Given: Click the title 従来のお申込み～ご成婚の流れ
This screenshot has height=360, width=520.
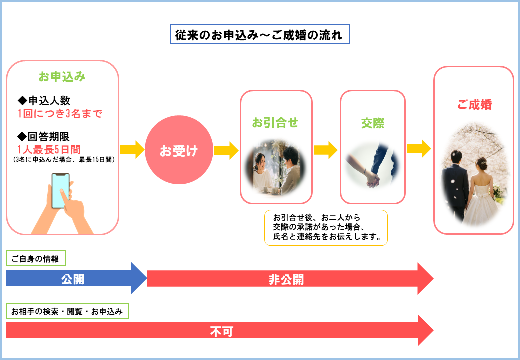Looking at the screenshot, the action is [x=260, y=34].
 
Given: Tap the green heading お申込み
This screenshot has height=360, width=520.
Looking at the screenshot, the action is [x=62, y=77].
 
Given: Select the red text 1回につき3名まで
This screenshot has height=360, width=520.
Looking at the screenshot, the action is [x=60, y=113].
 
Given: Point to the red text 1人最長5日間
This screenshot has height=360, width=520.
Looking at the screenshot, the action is [x=49, y=149].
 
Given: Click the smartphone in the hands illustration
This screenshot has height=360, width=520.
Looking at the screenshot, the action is [x=60, y=191].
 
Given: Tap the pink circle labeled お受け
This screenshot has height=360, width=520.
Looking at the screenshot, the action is [x=179, y=150].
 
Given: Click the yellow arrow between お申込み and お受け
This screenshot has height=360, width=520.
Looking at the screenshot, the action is [x=132, y=150].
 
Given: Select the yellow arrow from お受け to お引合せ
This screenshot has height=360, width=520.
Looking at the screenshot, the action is [x=226, y=151].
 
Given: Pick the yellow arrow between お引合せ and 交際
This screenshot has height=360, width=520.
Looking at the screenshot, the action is [x=325, y=150].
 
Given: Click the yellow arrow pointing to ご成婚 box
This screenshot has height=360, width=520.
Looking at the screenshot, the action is [x=419, y=149].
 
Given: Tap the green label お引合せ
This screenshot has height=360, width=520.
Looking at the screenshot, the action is [x=275, y=123].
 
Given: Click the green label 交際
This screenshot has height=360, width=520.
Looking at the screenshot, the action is [x=373, y=123].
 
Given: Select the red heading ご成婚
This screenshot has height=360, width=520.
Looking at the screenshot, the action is [x=474, y=105].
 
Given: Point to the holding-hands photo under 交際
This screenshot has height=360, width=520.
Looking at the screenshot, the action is [x=373, y=165].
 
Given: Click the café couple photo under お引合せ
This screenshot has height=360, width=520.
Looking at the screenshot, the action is [x=276, y=167].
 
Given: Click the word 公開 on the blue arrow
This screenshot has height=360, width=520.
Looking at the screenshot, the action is [x=73, y=279].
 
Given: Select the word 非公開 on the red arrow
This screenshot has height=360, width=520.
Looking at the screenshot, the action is [x=286, y=280].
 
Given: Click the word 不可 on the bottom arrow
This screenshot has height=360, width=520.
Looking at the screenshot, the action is [x=222, y=331].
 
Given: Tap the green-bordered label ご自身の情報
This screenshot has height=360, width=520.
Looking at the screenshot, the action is [x=36, y=258].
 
